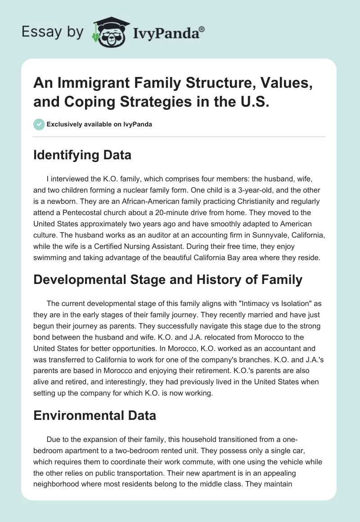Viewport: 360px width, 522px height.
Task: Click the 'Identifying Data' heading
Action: tap(83, 155)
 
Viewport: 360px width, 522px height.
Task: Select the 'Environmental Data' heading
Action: tap(95, 415)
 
